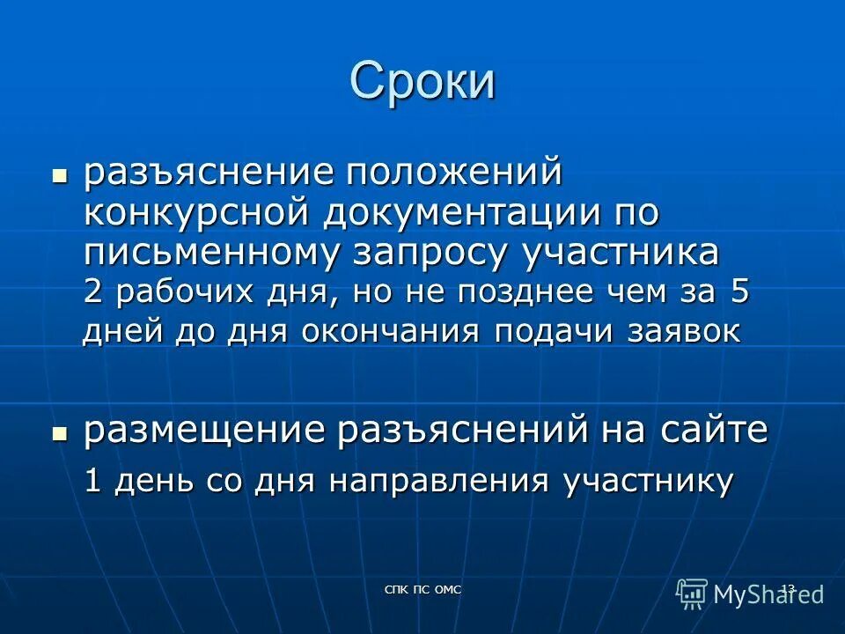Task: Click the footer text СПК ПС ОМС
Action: point(423,589)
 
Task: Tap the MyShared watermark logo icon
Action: point(692,593)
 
